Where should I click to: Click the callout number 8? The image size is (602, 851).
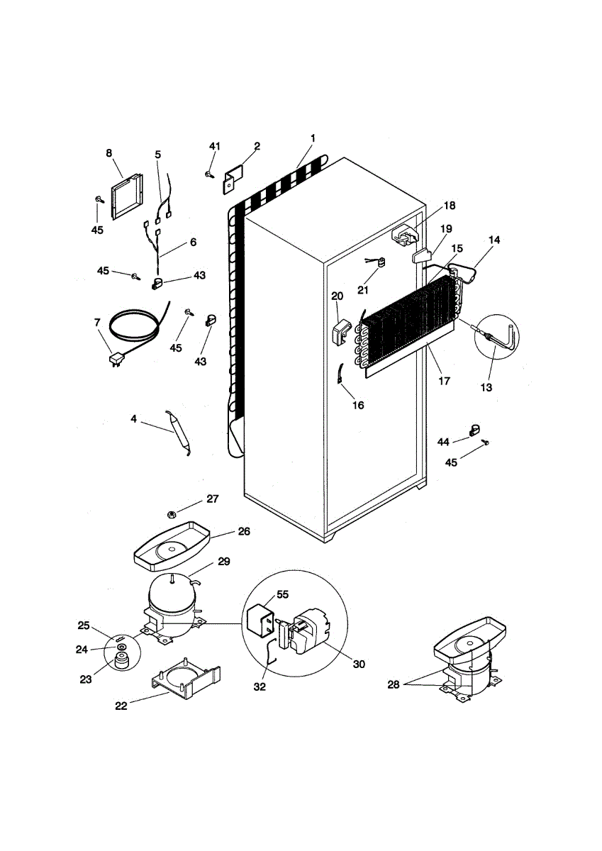point(109,152)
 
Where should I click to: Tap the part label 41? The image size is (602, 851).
point(215,146)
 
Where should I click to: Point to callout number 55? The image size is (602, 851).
point(283,594)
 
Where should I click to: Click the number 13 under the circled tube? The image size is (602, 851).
point(486,387)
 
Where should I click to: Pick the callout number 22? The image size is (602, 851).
point(121,706)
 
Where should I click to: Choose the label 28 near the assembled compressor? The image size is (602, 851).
point(393,684)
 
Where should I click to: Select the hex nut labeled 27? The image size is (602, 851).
point(172,512)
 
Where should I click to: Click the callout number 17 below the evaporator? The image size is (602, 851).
point(445,380)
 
